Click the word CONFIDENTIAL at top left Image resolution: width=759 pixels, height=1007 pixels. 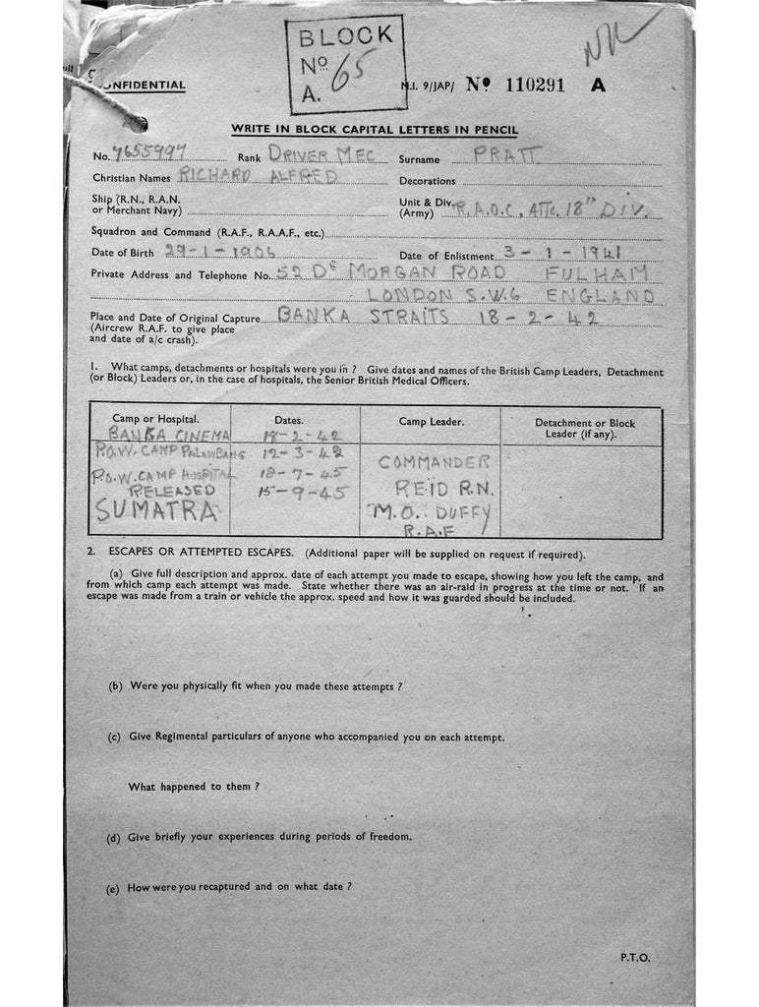(143, 86)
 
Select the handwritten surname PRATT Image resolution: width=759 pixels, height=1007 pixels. (506, 154)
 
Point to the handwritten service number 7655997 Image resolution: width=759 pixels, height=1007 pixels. (148, 153)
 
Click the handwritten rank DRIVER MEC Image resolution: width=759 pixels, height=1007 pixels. (329, 154)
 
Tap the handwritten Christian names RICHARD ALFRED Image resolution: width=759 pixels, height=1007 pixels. (258, 177)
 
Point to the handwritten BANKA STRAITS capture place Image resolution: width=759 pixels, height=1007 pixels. (364, 316)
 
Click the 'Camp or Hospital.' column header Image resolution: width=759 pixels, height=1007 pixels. (155, 420)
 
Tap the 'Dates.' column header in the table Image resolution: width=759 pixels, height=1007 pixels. (289, 420)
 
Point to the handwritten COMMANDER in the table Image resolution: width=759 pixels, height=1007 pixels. (434, 462)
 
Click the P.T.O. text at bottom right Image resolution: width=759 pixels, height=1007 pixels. (634, 957)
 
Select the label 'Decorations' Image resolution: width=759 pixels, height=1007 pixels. (427, 181)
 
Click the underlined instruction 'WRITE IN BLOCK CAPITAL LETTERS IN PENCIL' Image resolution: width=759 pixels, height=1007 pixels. (375, 130)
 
